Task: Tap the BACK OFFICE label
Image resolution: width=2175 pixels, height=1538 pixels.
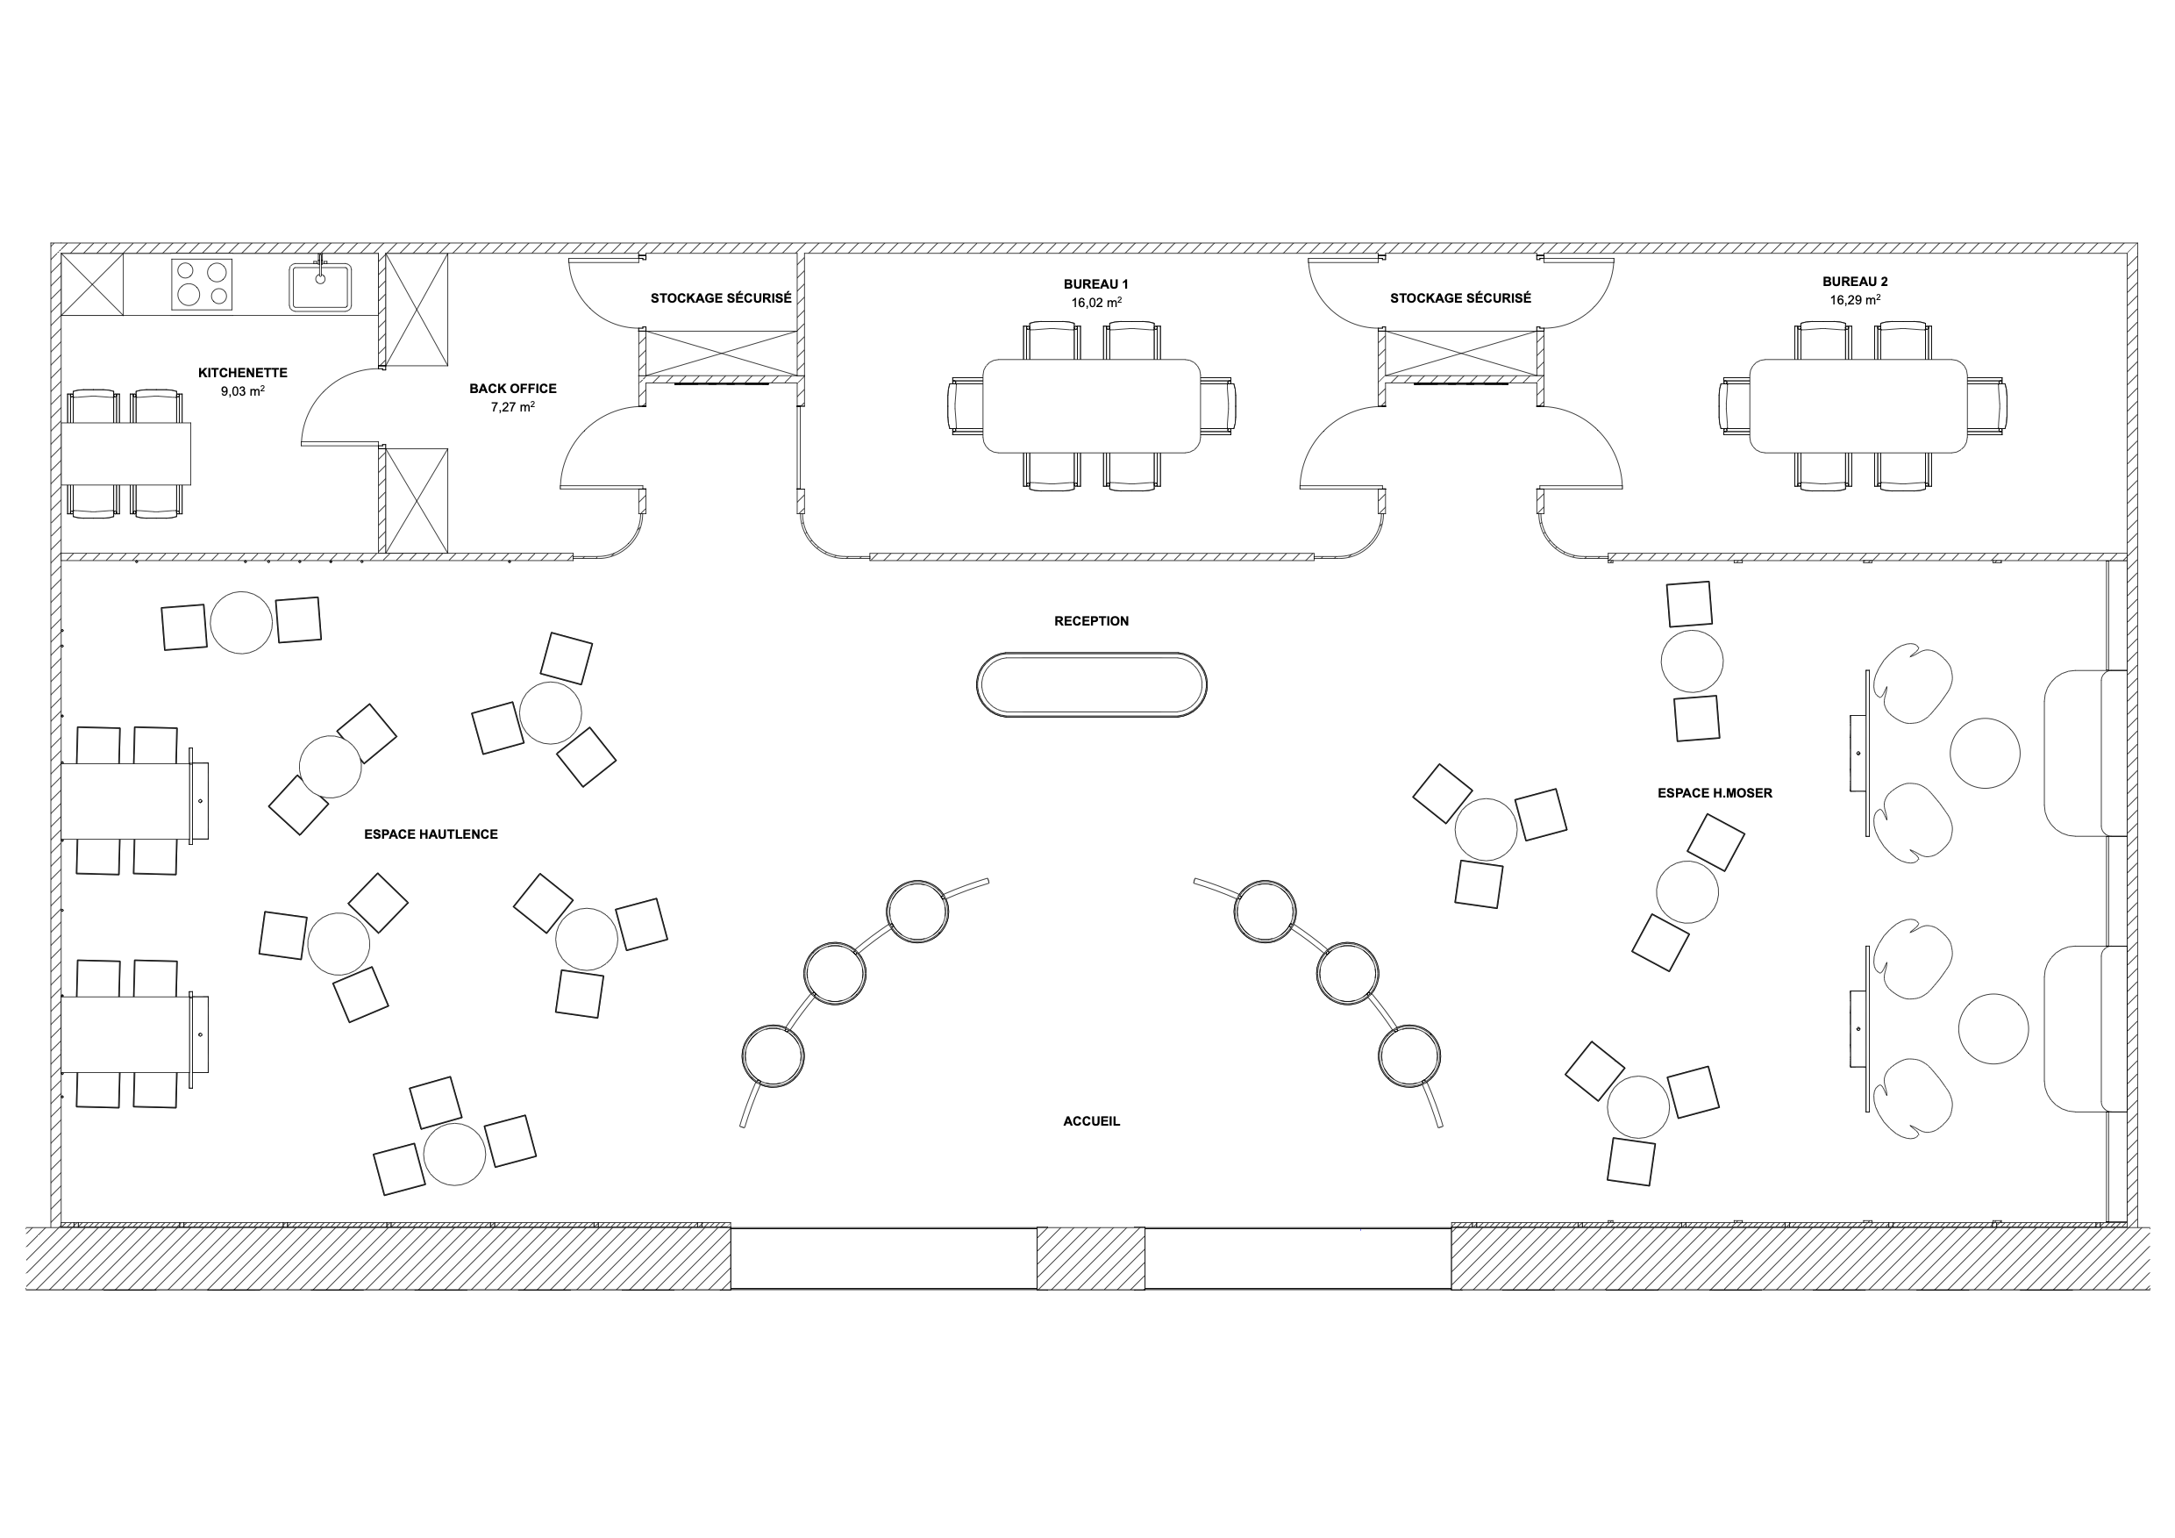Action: (512, 389)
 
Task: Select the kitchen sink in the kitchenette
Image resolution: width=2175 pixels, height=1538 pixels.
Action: (320, 286)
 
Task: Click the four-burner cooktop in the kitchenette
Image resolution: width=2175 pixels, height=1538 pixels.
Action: (202, 284)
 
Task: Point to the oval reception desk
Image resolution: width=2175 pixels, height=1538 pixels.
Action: (1091, 684)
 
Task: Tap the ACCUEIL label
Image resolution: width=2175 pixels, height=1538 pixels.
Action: (1091, 1121)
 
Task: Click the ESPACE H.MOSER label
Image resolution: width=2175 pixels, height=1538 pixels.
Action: (1715, 793)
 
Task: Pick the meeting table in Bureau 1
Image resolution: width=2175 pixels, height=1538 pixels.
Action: (1091, 405)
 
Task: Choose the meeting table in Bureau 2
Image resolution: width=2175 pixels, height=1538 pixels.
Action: (1858, 405)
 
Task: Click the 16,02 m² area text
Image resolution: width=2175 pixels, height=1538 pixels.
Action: (1096, 304)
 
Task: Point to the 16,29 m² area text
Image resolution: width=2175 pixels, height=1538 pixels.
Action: (1854, 300)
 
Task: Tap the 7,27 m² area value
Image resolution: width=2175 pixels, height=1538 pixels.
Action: (511, 407)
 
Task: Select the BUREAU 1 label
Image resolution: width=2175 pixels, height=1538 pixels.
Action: (1096, 284)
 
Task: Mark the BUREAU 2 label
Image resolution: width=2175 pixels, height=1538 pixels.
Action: (1855, 282)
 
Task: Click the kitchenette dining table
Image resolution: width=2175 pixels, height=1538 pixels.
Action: (126, 454)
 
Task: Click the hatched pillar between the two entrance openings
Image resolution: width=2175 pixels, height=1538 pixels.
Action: (1090, 1257)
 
